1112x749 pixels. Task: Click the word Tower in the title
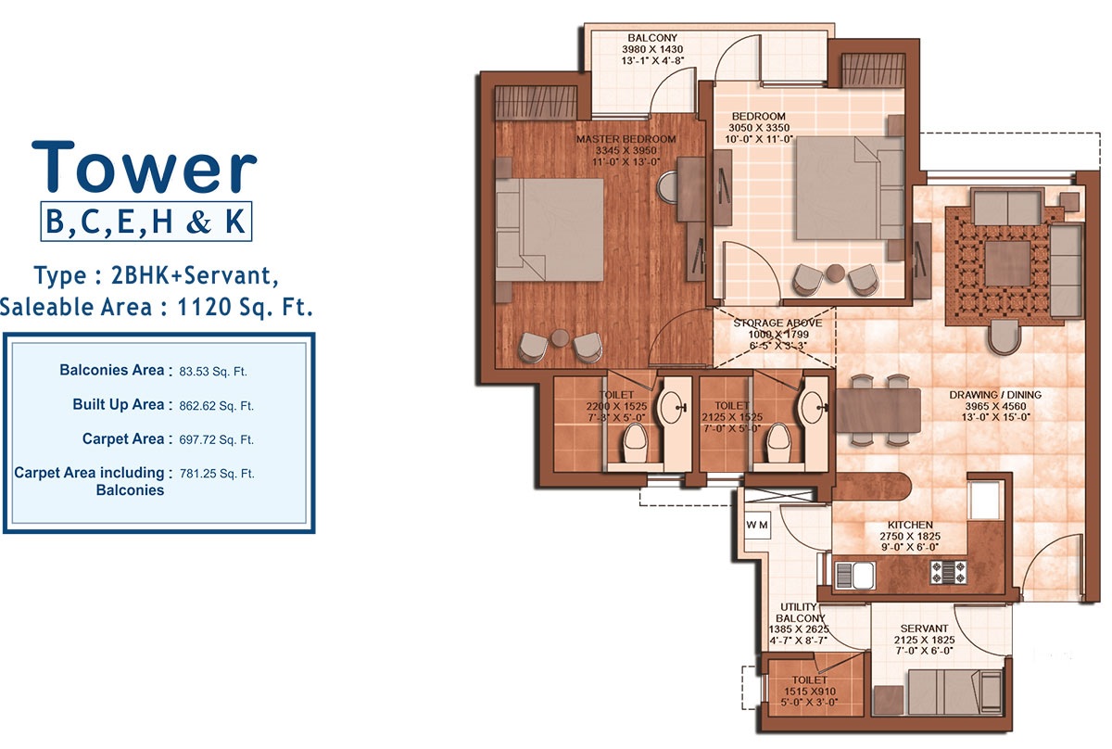coord(145,168)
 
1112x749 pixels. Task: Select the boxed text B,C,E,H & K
coord(146,222)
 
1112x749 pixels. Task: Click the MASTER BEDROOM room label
coord(625,139)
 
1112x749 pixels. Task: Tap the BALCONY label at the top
coord(652,38)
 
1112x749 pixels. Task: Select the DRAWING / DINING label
coord(995,395)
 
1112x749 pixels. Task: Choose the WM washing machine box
coord(757,525)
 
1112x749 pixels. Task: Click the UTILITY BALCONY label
coord(797,618)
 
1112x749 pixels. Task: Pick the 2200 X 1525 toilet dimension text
coord(615,406)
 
